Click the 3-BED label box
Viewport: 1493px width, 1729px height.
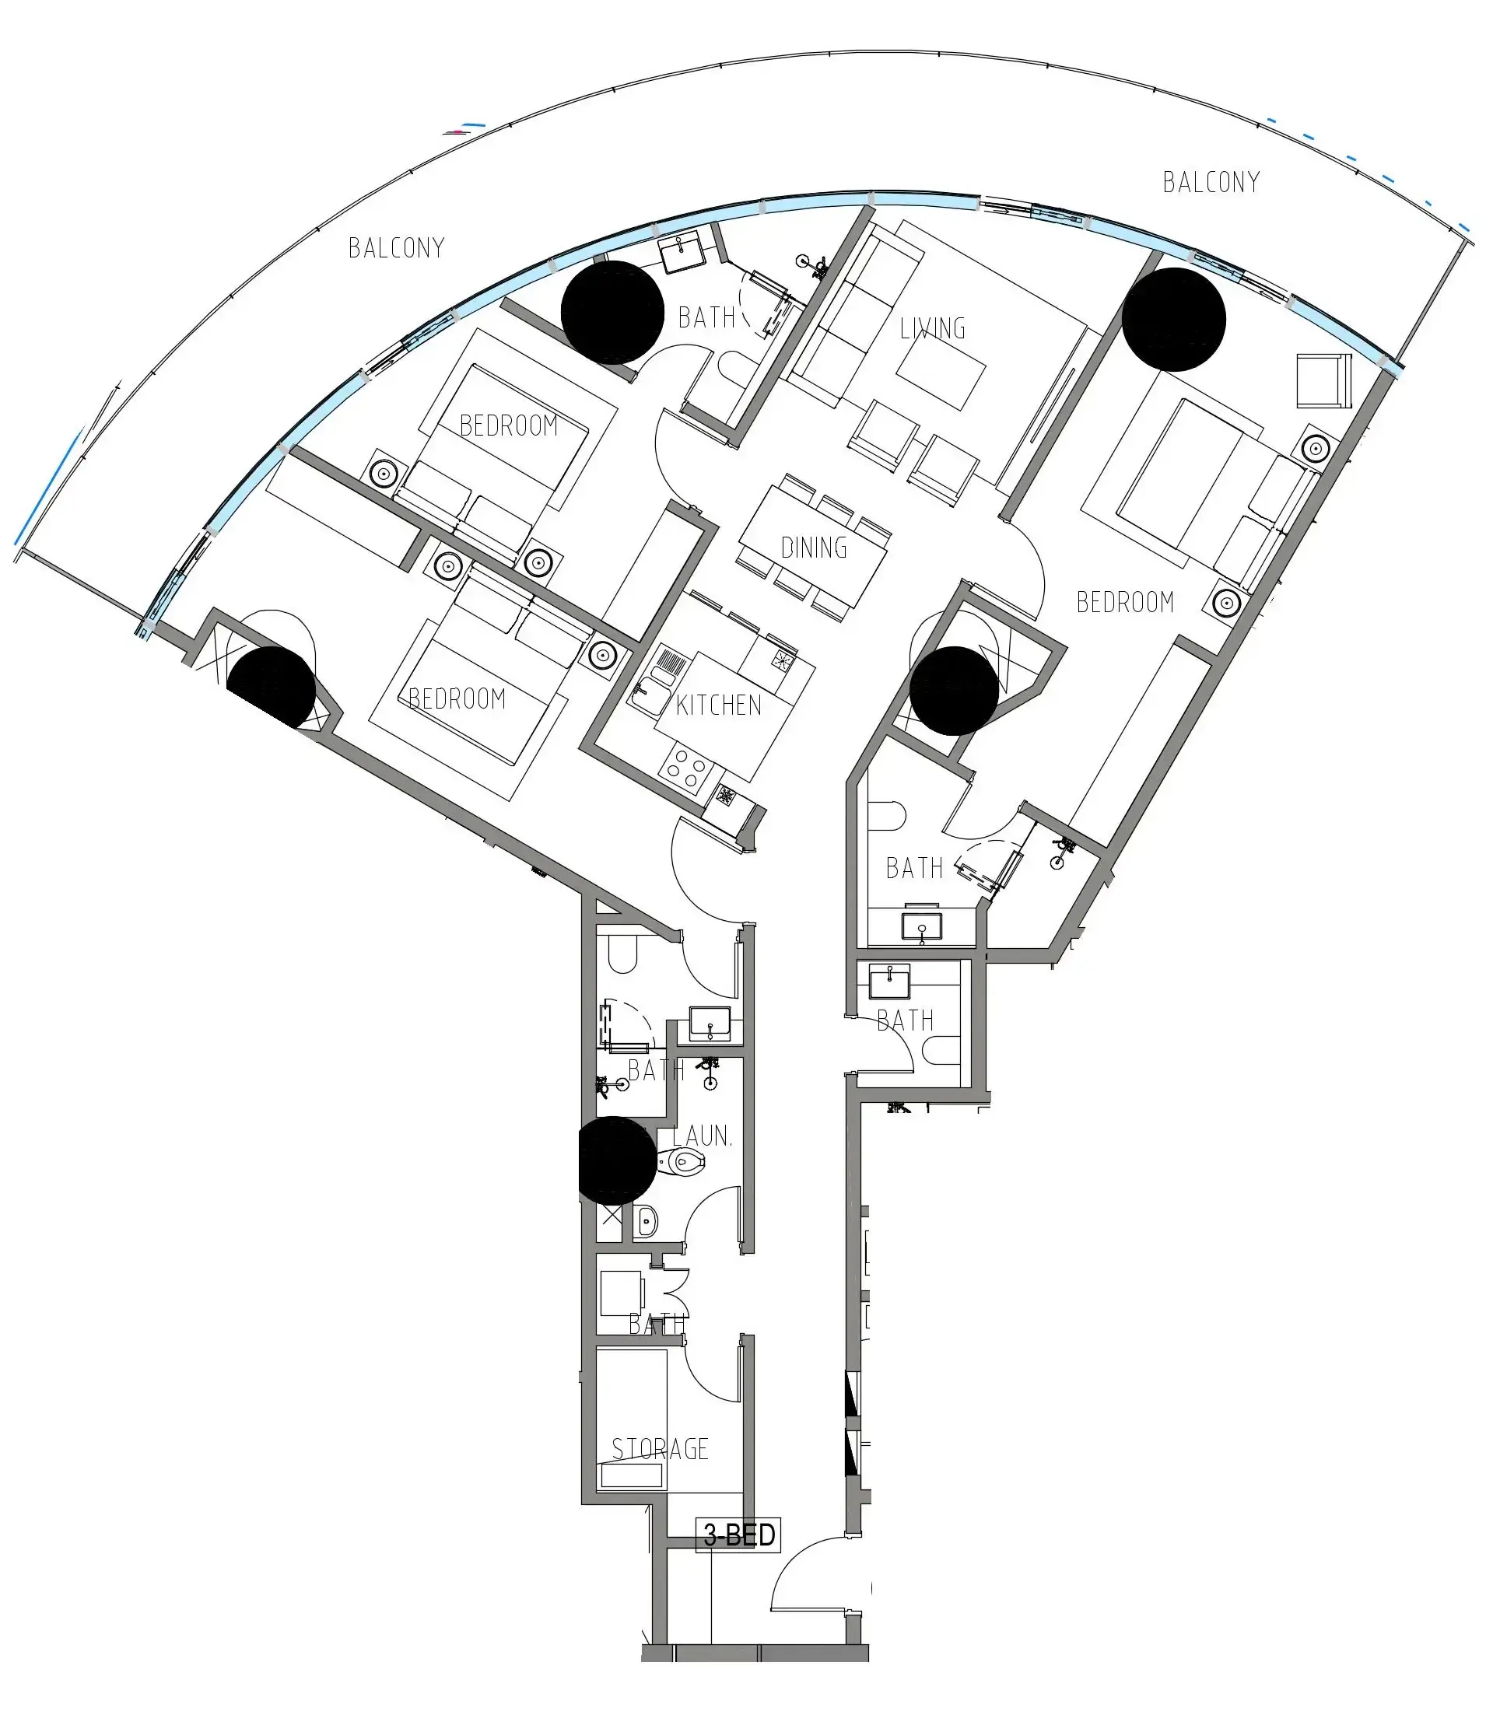click(x=738, y=1535)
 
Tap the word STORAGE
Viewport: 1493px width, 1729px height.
click(x=660, y=1449)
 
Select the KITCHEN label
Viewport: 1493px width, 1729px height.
click(x=719, y=706)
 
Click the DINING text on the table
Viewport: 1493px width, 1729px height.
click(x=814, y=548)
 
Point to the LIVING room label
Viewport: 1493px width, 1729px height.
click(x=932, y=329)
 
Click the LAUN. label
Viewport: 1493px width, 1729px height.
click(x=702, y=1136)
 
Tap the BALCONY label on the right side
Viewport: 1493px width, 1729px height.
click(x=1211, y=183)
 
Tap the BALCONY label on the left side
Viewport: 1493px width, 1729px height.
click(x=397, y=248)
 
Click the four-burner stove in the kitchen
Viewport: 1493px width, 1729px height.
click(x=686, y=768)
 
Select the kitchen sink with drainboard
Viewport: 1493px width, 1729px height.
click(x=659, y=679)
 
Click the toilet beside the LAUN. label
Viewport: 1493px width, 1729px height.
click(x=682, y=1161)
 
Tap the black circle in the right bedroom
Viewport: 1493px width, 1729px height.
click(x=1173, y=320)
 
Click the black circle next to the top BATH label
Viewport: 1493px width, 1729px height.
click(x=612, y=312)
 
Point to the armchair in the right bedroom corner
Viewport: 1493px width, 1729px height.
click(x=1323, y=381)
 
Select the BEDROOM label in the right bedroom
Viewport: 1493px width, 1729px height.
click(x=1125, y=603)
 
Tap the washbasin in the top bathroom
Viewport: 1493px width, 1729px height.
click(x=682, y=253)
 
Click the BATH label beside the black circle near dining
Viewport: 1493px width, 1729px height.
click(x=914, y=869)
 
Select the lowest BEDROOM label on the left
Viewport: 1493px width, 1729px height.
click(x=457, y=698)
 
